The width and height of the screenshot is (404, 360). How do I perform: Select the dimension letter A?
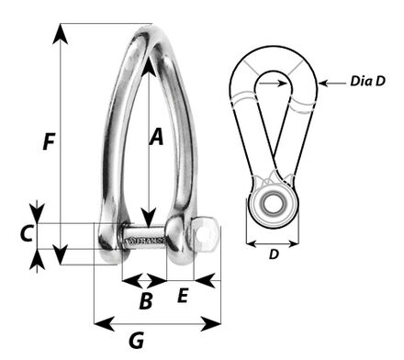pos(156,137)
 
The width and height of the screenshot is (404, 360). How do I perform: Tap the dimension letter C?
pos(28,233)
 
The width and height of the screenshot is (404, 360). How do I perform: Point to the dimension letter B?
pos(145,298)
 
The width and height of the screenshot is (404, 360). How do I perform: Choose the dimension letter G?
pos(136,341)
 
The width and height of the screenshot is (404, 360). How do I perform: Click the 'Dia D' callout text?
pos(366,82)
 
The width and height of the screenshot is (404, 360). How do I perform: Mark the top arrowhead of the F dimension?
pos(61,32)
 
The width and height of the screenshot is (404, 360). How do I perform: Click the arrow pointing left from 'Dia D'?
pos(330,84)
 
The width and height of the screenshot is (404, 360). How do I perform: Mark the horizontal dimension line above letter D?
pos(273,245)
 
